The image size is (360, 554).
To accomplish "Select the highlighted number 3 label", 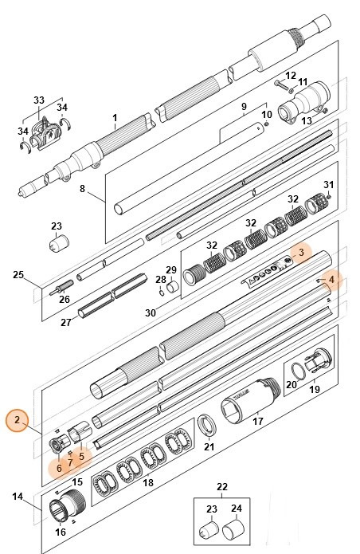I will (302, 252).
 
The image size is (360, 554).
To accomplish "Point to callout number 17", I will (257, 422).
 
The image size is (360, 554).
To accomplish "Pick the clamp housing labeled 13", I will (296, 104).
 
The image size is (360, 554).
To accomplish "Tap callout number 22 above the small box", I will (222, 486).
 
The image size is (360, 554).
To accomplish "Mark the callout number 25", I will (18, 275).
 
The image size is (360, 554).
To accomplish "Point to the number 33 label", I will (39, 100).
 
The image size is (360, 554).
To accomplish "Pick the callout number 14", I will (18, 497).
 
